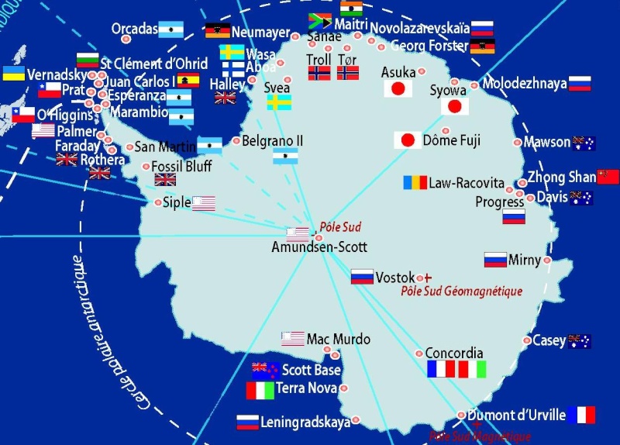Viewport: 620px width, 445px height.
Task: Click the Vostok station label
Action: point(396,277)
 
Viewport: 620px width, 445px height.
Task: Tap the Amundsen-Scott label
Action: point(319,247)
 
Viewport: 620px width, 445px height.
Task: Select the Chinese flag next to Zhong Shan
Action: point(608,176)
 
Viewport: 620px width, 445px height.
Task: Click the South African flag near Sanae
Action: point(320,20)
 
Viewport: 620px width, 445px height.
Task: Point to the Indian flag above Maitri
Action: point(350,9)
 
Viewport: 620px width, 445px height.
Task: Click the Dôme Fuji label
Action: point(452,140)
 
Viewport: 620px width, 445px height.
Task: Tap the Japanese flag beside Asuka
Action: point(398,89)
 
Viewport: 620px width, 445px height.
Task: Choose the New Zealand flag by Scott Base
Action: point(265,370)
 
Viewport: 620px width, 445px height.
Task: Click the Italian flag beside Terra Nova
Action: point(260,390)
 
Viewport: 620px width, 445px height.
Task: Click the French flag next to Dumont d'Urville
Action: point(581,415)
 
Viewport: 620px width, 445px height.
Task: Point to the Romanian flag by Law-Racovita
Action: point(415,183)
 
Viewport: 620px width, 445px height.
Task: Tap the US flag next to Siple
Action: point(203,203)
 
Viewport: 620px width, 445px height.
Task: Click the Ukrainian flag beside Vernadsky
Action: point(13,74)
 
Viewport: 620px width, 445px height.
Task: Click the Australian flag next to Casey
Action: point(579,340)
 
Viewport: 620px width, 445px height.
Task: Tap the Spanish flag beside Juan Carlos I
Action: point(188,80)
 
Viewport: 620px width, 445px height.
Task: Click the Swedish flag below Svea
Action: point(279,102)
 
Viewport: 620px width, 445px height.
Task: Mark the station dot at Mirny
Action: point(548,260)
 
